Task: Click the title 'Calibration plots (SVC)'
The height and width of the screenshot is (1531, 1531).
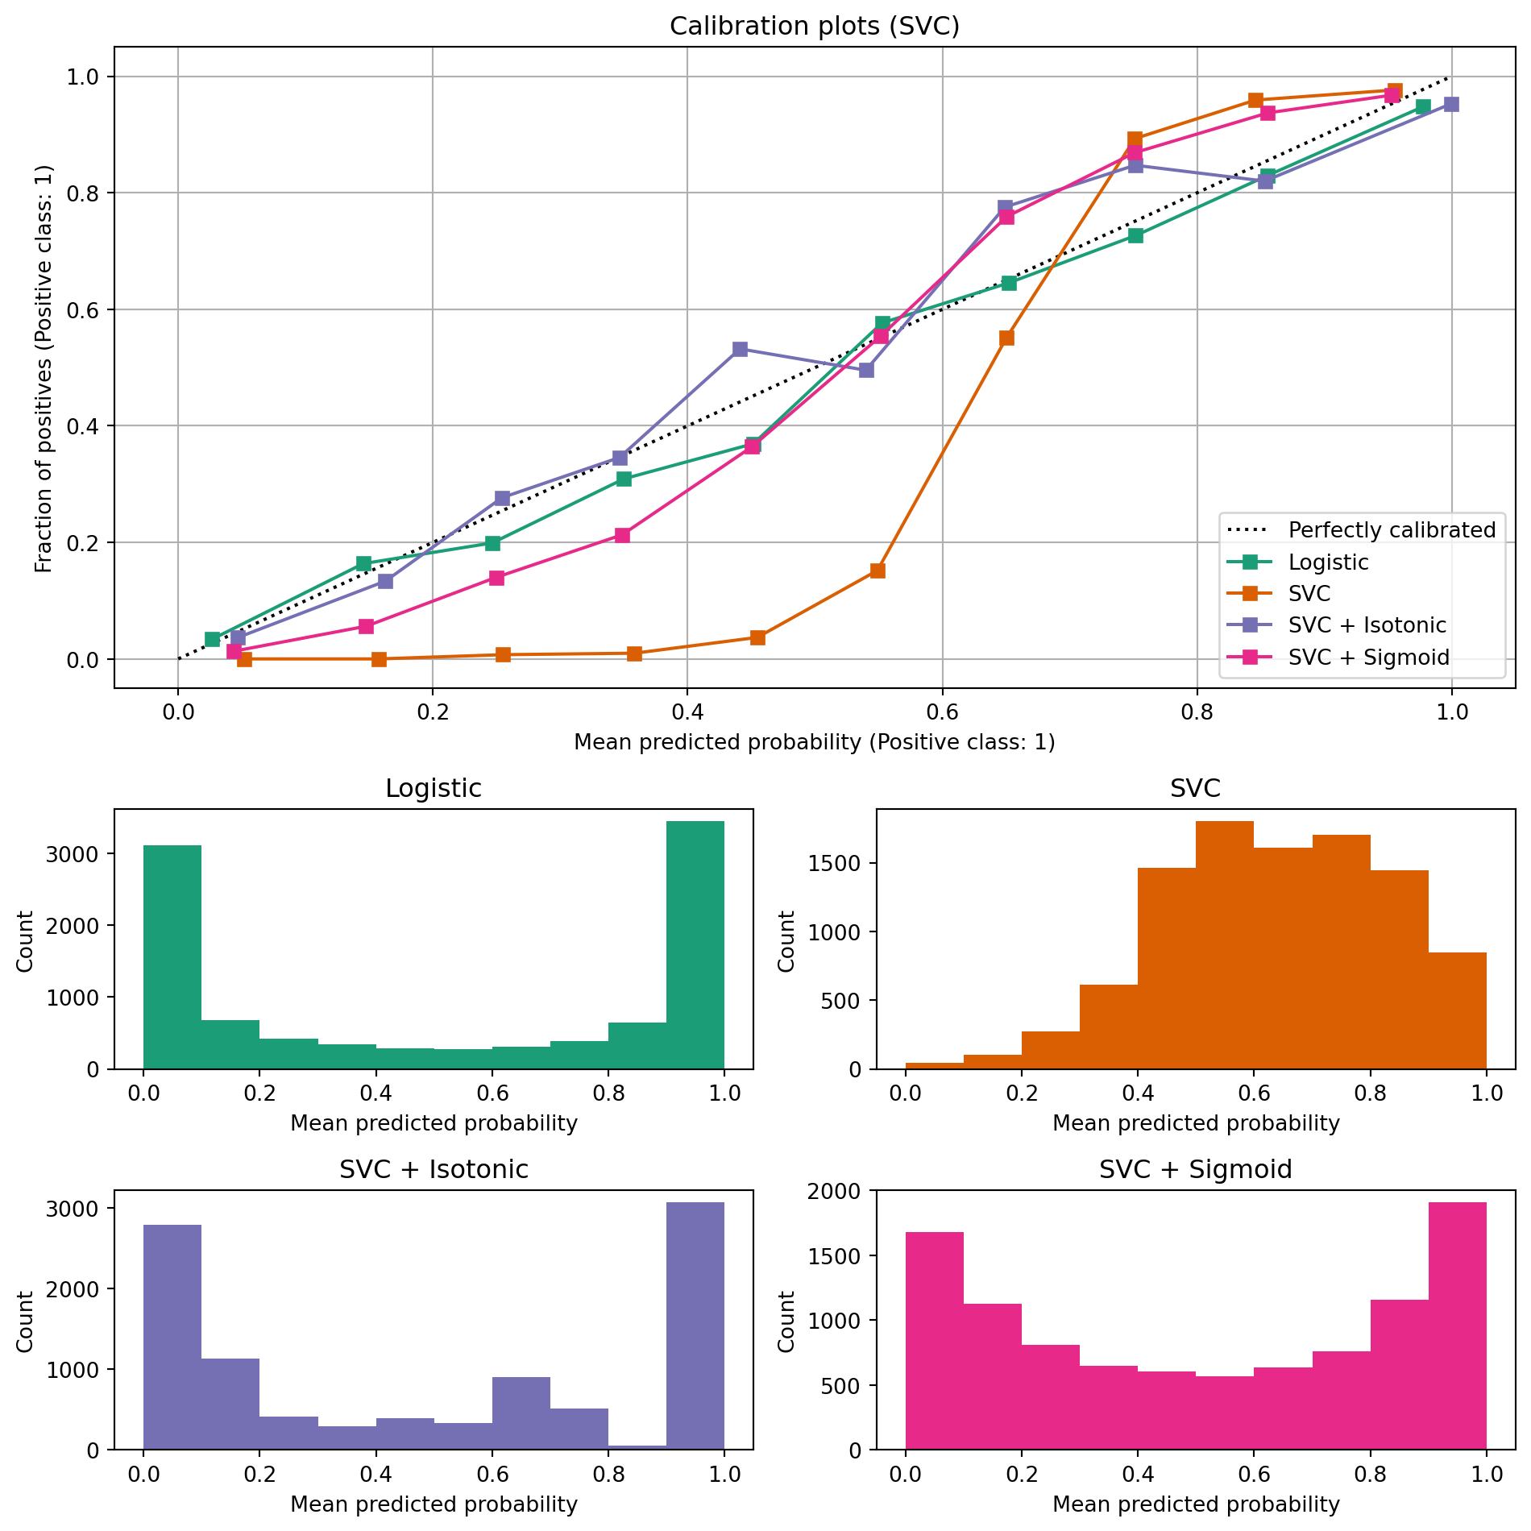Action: click(x=814, y=27)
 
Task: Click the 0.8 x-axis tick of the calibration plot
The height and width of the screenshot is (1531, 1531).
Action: click(x=1197, y=712)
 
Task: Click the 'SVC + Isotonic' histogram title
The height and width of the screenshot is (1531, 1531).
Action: click(x=434, y=1169)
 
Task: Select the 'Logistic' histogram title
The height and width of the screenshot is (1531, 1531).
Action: click(x=434, y=788)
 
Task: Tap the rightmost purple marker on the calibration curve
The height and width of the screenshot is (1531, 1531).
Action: click(x=1450, y=105)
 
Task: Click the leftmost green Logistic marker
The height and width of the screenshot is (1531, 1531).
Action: click(x=212, y=640)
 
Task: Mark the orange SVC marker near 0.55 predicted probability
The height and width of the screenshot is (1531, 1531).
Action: click(x=878, y=570)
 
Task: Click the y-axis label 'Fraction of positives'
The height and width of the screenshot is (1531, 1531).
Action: click(x=44, y=368)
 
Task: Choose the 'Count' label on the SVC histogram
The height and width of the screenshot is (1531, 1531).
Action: click(x=786, y=940)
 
